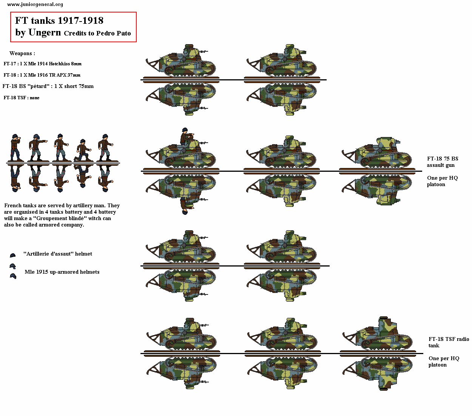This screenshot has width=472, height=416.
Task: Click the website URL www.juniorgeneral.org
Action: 35,5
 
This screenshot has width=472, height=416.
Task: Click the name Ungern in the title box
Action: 45,33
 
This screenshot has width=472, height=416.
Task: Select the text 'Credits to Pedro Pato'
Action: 97,33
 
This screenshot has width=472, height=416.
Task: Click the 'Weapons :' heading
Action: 22,53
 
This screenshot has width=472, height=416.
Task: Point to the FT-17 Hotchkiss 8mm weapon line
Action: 42,64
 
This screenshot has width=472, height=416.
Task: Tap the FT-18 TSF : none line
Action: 22,98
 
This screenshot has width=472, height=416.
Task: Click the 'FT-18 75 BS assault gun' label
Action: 442,162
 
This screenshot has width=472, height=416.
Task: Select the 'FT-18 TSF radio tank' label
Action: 448,342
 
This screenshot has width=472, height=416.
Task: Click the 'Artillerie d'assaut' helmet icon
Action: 12,256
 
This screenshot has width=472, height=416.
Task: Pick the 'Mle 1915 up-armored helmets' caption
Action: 62,272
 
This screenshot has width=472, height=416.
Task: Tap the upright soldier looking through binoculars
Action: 15,148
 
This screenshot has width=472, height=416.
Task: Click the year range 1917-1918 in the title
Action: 80,21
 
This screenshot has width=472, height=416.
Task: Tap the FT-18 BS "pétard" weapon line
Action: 48,86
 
